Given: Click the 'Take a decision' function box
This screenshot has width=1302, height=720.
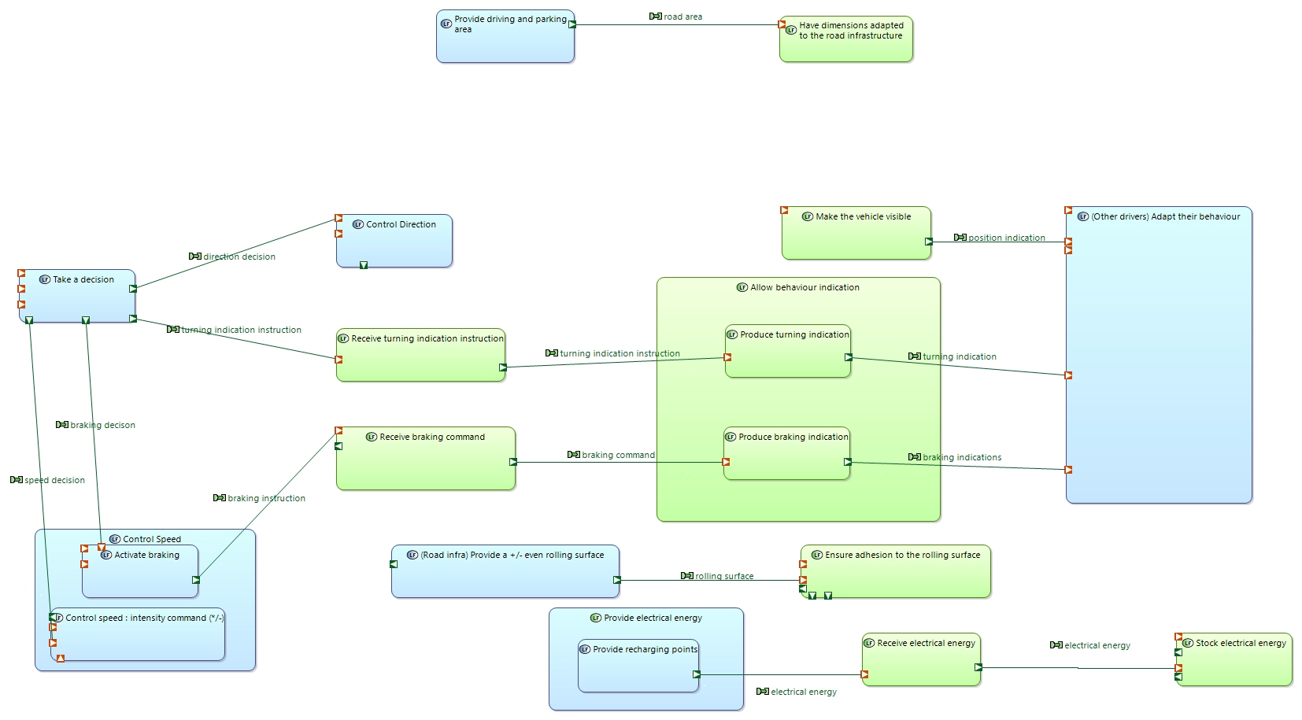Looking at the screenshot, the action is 77,296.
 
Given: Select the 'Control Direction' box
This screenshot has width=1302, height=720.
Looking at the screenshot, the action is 394,241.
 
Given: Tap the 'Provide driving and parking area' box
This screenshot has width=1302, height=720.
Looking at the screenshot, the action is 505,36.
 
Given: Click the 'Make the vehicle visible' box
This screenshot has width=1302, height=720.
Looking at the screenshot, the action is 856,233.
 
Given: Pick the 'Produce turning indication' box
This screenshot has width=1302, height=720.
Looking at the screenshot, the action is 788,351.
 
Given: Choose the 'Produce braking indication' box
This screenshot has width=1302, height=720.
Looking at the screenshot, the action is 786,453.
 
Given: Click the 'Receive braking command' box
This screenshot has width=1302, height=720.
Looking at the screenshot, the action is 426,459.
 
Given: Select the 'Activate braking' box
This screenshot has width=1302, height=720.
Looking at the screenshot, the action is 140,571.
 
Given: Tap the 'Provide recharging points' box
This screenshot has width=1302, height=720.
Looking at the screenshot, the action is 638,666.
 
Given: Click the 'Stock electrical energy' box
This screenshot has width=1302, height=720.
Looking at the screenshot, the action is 1234,659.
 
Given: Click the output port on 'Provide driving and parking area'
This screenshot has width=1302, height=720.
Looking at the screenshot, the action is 572,24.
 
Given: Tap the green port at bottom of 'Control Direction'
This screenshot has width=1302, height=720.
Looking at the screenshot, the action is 363,265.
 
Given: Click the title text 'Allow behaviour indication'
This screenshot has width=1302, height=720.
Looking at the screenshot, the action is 805,287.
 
